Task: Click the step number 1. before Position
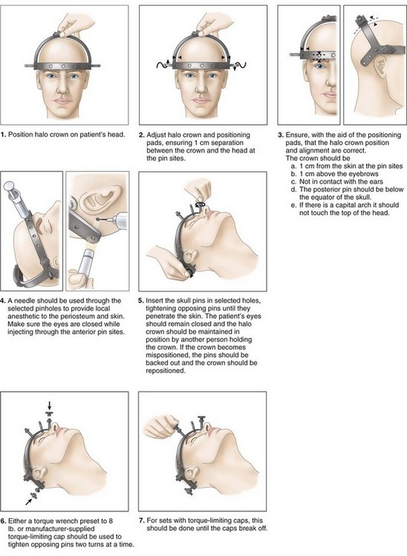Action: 3,135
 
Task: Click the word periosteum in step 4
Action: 76,316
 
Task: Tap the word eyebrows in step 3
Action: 364,174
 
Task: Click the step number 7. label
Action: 142,520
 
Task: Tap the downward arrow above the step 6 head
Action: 49,405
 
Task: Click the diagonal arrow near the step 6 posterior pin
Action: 29,501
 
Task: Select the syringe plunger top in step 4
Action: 8,185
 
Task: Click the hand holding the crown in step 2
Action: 212,24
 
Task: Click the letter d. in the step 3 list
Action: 293,190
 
